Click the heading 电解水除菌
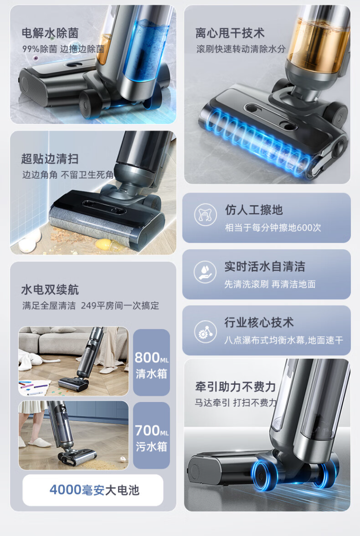[50, 33]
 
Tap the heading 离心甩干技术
[230, 33]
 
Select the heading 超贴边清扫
[50, 159]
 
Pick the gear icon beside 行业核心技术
[205, 331]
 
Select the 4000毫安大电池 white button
[93, 490]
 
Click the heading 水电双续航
[50, 290]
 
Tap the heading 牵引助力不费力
[235, 387]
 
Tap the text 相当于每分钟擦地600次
[273, 228]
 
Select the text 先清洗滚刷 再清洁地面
[270, 284]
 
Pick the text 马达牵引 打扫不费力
[236, 402]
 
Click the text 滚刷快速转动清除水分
[241, 49]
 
